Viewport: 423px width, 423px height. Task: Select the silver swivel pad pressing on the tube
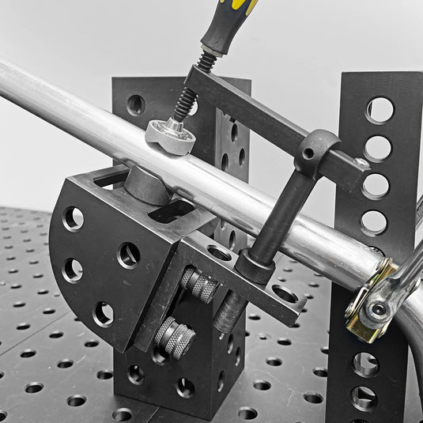[170, 135]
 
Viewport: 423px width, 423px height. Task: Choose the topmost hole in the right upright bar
[380, 110]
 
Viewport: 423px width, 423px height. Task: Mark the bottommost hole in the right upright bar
[364, 398]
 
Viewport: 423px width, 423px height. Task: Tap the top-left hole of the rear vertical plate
[136, 104]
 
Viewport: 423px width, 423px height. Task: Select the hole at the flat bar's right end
[284, 293]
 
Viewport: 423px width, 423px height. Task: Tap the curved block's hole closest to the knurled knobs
[129, 255]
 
